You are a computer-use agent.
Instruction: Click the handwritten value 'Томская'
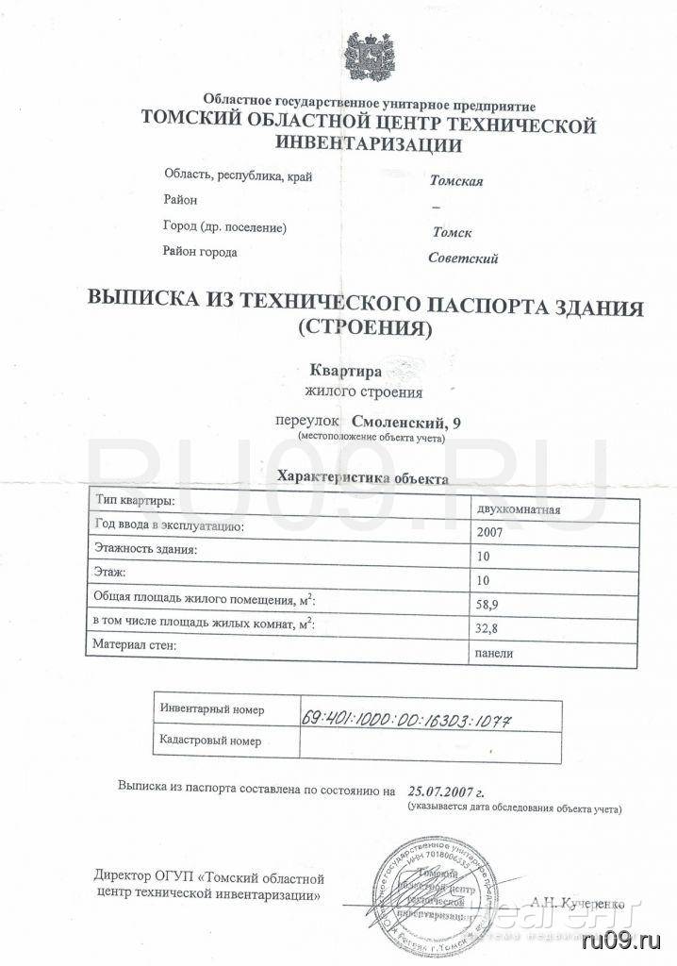pyautogui.click(x=456, y=181)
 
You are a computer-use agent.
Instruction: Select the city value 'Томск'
pyautogui.click(x=452, y=232)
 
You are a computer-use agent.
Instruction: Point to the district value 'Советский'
pyautogui.click(x=463, y=258)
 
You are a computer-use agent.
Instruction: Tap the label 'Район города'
pyautogui.click(x=200, y=252)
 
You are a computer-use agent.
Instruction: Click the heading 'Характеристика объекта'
pyautogui.click(x=361, y=478)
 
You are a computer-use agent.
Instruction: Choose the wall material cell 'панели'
pyautogui.click(x=496, y=652)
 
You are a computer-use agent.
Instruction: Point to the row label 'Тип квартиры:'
pyautogui.click(x=133, y=499)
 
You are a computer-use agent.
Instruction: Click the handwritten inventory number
pyautogui.click(x=408, y=716)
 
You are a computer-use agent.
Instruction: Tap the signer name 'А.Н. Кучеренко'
pyautogui.click(x=578, y=904)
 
